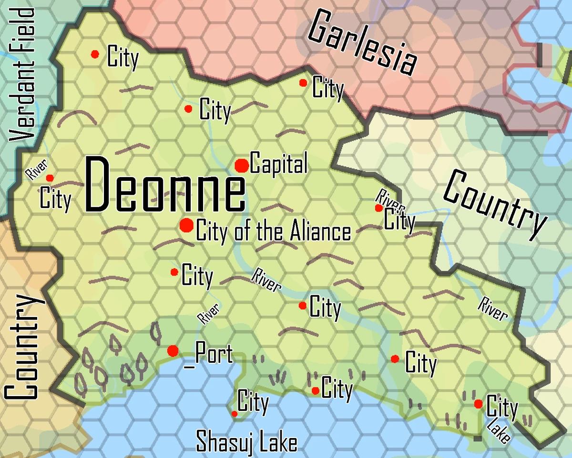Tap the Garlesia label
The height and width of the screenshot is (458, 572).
point(363,43)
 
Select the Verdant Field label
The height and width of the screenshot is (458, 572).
point(23,73)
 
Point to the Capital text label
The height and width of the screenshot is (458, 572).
point(279,164)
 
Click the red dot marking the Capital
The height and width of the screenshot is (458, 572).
point(242,166)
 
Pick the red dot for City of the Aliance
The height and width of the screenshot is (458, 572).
point(186,225)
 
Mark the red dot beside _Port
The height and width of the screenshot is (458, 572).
point(173,351)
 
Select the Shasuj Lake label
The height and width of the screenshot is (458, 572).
point(246,442)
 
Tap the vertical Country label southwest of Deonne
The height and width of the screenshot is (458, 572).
point(21,348)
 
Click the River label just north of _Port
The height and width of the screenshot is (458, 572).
point(209,314)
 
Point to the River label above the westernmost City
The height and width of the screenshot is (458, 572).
point(36,170)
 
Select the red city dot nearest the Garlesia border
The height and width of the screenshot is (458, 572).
point(303,83)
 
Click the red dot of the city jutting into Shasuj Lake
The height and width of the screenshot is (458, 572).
point(234,414)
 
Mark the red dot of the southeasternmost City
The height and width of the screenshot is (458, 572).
point(478,404)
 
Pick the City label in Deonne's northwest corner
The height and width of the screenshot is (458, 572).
point(123,58)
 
